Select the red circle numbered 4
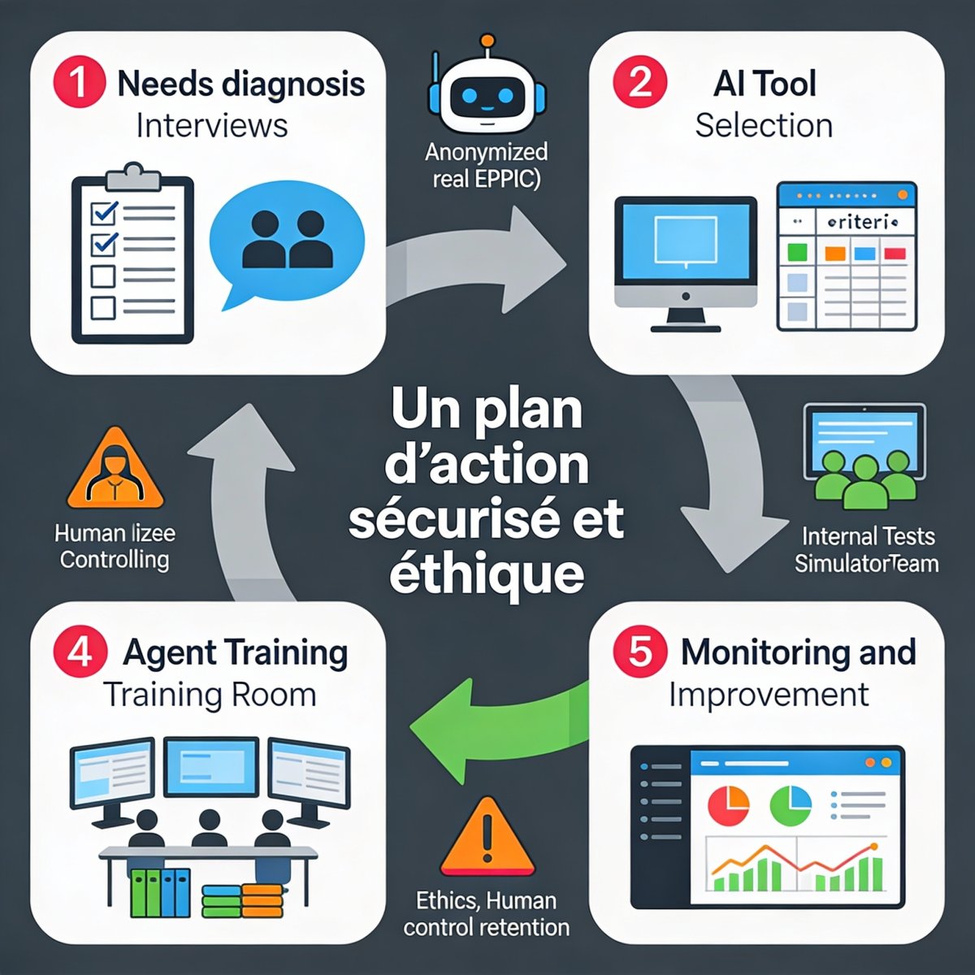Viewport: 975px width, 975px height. tap(79, 652)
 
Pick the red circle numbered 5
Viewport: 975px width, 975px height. tap(640, 652)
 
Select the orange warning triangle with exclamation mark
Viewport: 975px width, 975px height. tap(487, 837)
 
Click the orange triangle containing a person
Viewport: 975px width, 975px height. tap(115, 472)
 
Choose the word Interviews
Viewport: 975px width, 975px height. tap(211, 126)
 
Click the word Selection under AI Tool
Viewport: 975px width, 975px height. tap(764, 126)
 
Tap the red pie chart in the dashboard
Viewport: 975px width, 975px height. tap(728, 804)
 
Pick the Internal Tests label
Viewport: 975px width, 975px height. tap(868, 536)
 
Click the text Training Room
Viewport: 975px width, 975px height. tap(210, 695)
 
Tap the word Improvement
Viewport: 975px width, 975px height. tap(769, 695)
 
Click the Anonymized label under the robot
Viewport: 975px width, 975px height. tap(486, 152)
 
